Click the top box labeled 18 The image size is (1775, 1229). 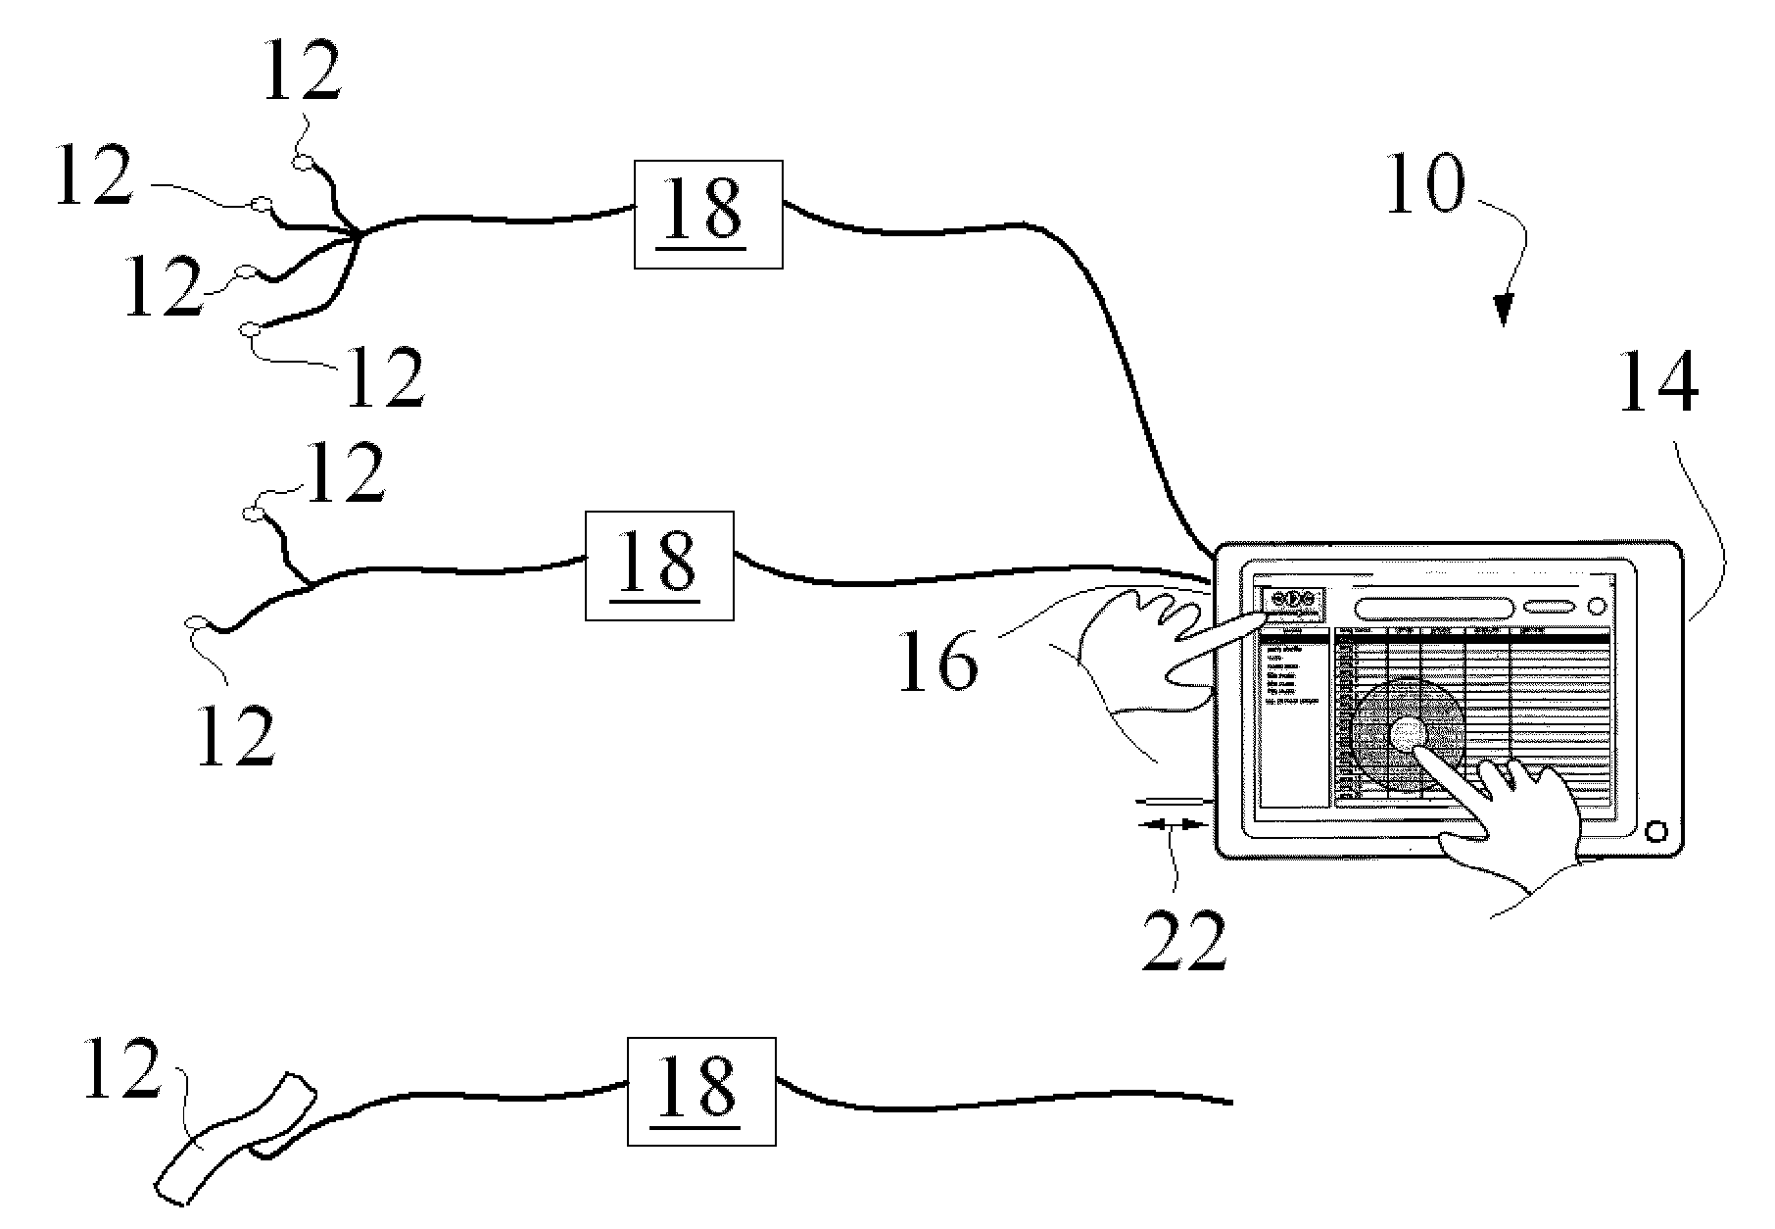[x=708, y=214]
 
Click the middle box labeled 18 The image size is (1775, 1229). [x=658, y=565]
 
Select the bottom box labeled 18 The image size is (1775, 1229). [x=700, y=1092]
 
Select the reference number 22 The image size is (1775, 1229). [x=1183, y=940]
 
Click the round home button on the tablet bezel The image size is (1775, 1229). [x=1655, y=831]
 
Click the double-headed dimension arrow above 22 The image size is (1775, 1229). [x=1172, y=825]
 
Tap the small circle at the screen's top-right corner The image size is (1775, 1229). [x=1596, y=607]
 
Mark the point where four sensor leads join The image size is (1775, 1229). [x=358, y=234]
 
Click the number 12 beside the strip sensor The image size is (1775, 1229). [x=120, y=1070]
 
